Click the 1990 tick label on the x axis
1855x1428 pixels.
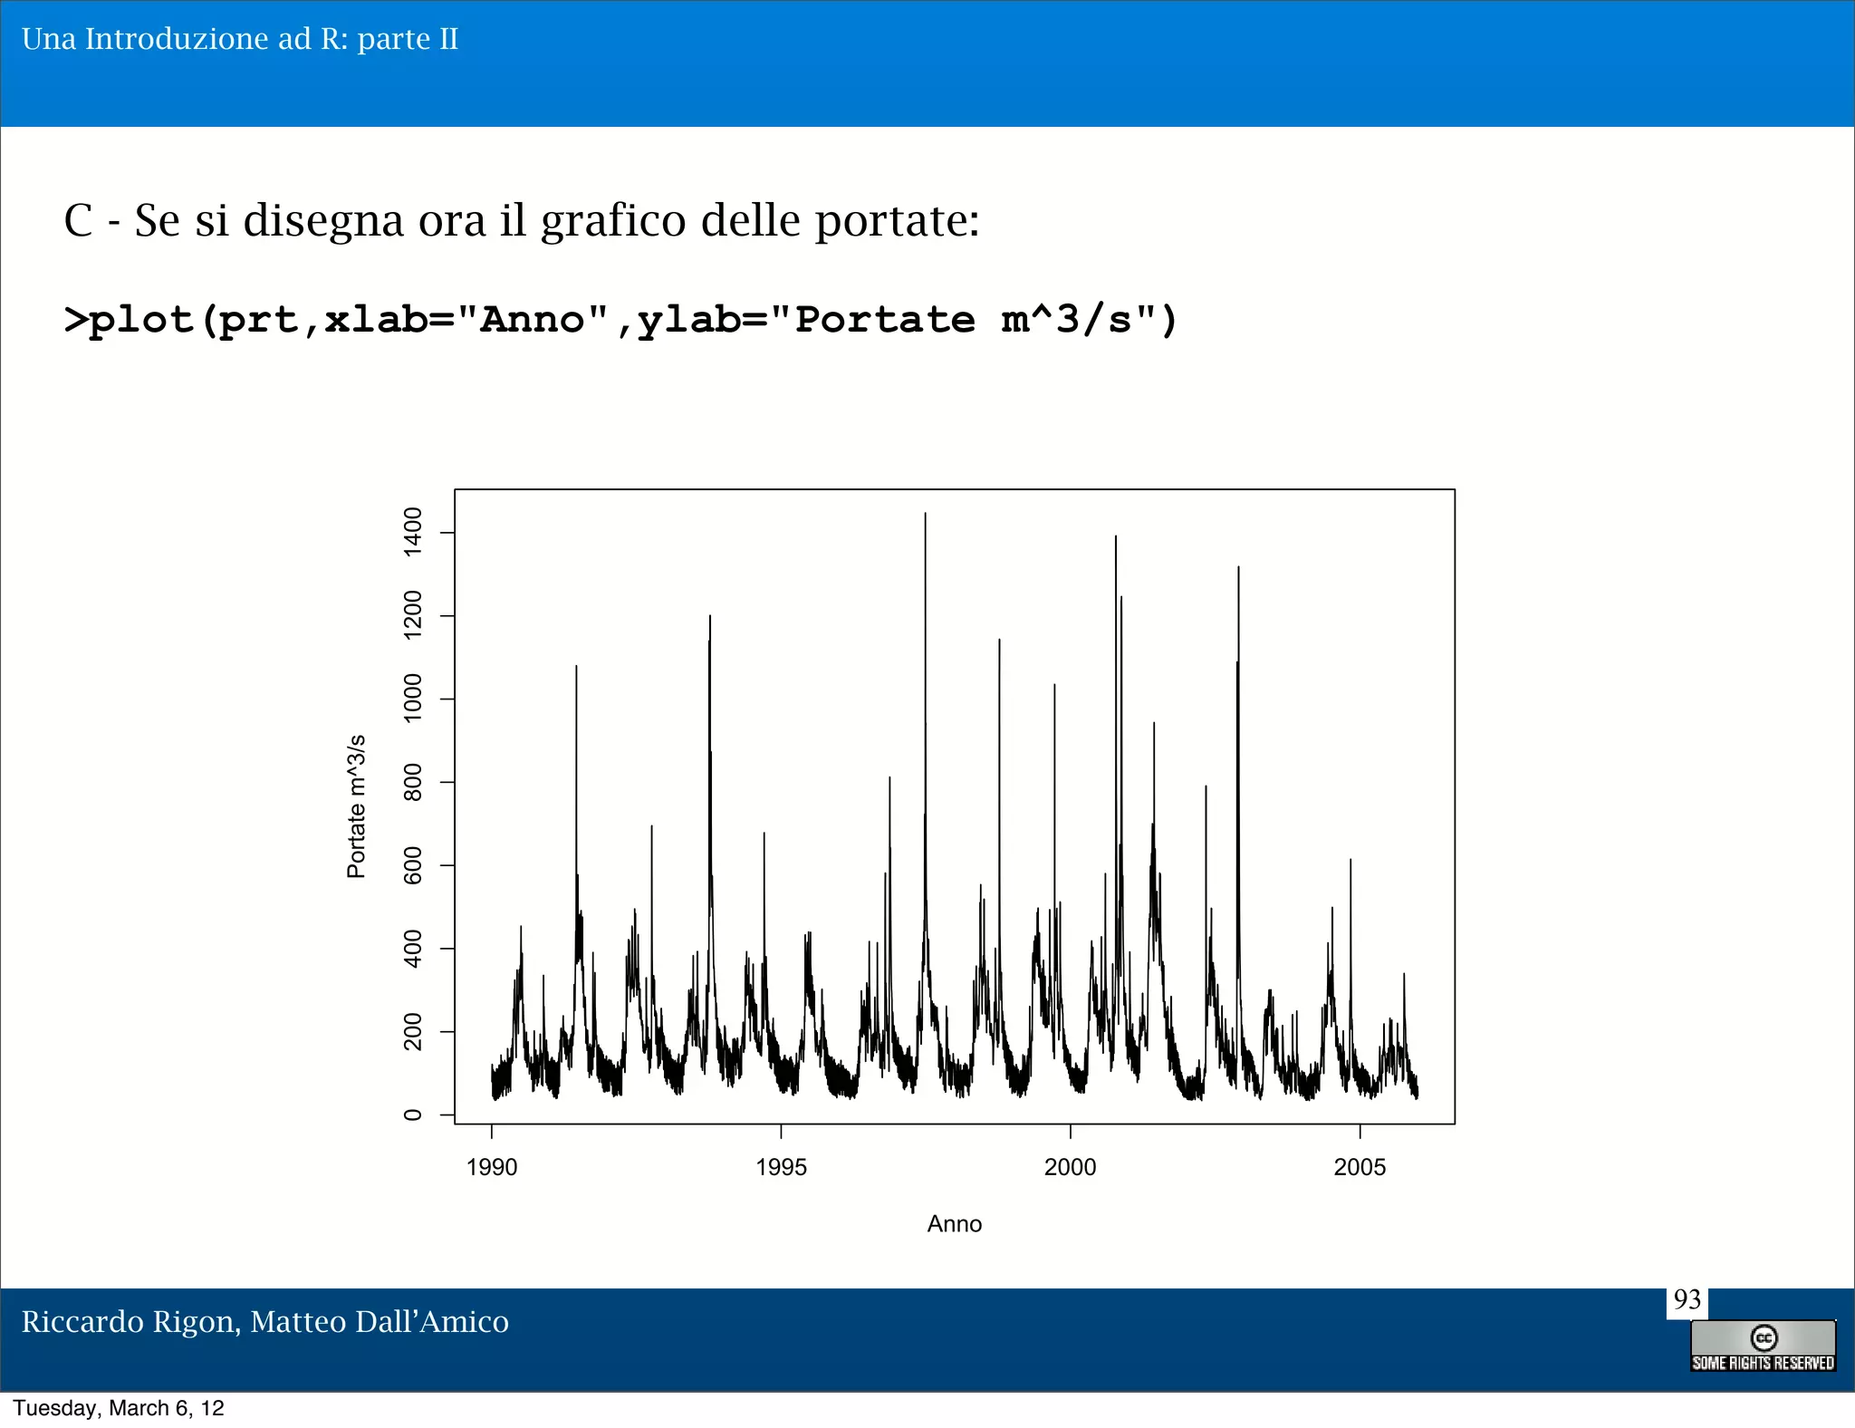492,1167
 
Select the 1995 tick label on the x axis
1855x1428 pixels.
781,1167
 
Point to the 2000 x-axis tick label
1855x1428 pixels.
1070,1167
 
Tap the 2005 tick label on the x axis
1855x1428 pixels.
1360,1167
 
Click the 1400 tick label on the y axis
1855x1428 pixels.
412,532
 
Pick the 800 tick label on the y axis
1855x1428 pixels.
412,782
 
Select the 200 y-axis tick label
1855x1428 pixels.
412,1032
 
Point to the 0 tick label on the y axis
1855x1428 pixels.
412,1114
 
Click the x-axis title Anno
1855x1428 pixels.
954,1224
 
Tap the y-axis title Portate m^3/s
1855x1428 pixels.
356,806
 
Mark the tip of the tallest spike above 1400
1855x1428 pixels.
925,514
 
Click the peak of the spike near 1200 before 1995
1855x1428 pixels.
710,616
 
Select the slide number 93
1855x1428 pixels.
1687,1300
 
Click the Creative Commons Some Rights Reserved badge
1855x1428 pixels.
1763,1346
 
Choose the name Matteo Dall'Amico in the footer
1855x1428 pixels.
380,1322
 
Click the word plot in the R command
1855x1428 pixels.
141,320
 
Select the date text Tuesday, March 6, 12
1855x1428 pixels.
119,1408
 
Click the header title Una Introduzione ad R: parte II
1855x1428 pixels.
240,39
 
